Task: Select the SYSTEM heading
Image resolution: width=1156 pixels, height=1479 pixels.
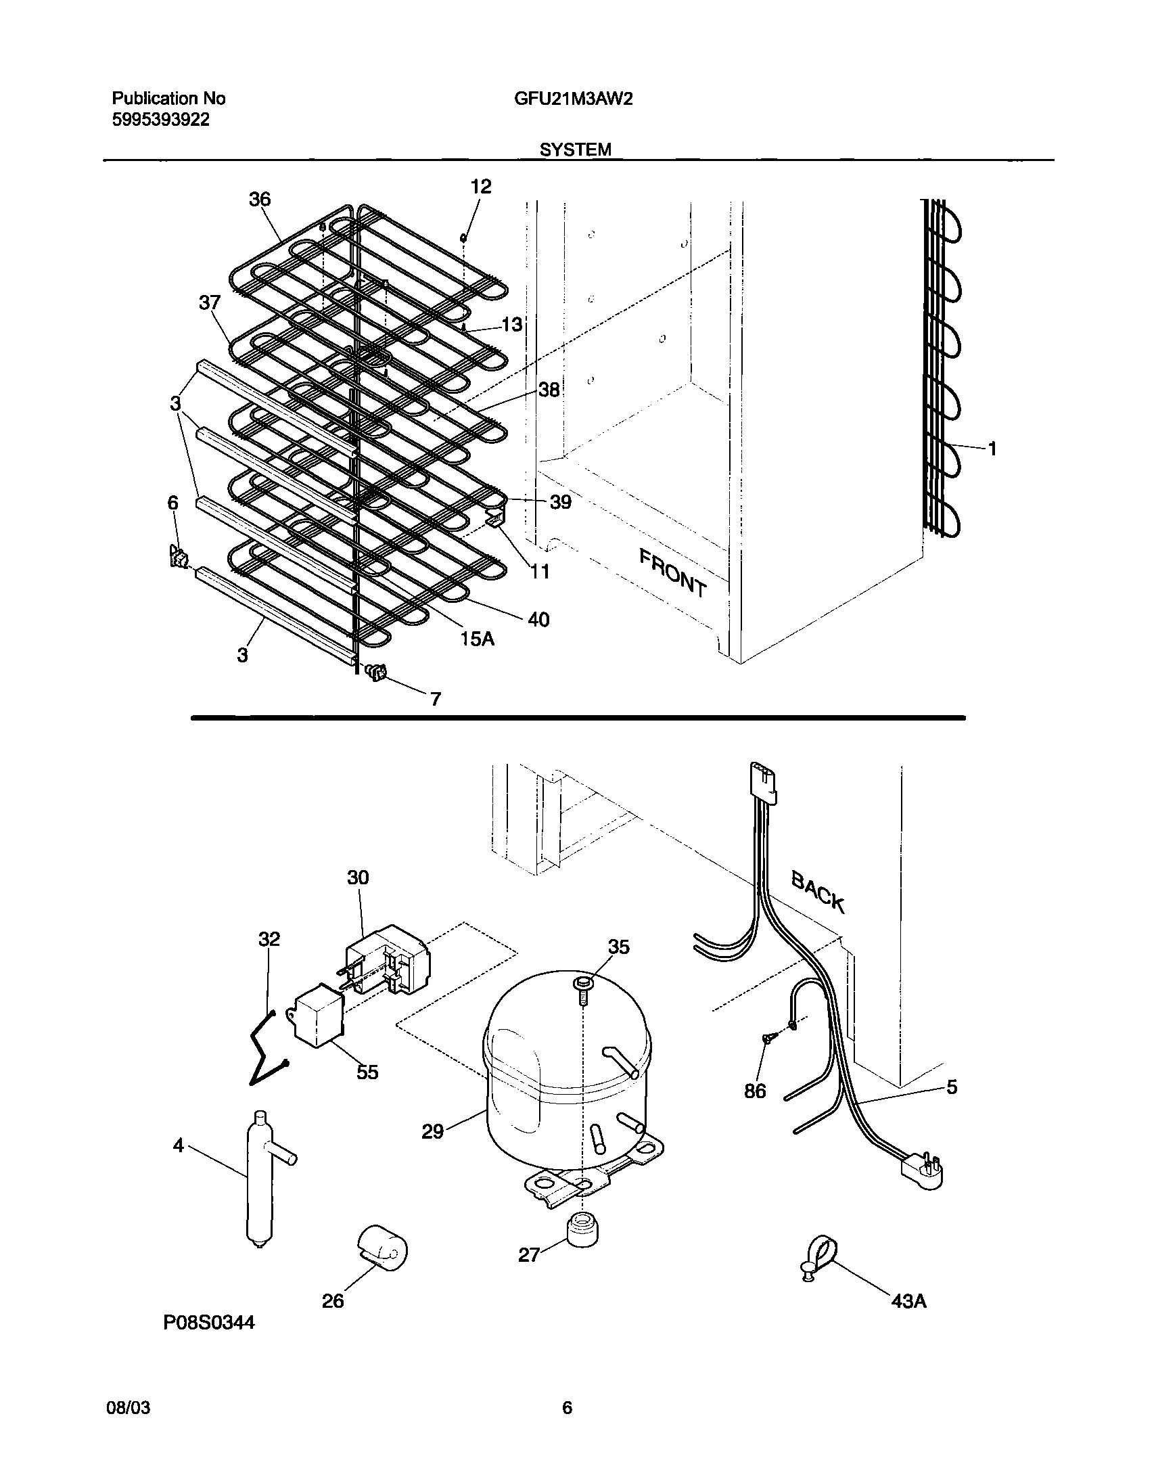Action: pyautogui.click(x=575, y=150)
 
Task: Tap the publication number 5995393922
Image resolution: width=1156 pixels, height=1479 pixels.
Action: pyautogui.click(x=160, y=120)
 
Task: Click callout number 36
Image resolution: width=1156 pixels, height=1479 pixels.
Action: pyautogui.click(x=259, y=199)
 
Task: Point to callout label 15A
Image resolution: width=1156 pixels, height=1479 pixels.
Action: pyautogui.click(x=478, y=639)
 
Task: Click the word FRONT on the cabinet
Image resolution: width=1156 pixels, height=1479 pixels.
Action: pyautogui.click(x=672, y=573)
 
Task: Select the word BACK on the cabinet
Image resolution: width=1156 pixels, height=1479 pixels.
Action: pyautogui.click(x=818, y=892)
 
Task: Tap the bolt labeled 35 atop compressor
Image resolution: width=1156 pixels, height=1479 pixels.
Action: pyautogui.click(x=582, y=983)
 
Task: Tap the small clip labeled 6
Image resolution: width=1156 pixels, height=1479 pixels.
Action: pyautogui.click(x=178, y=558)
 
